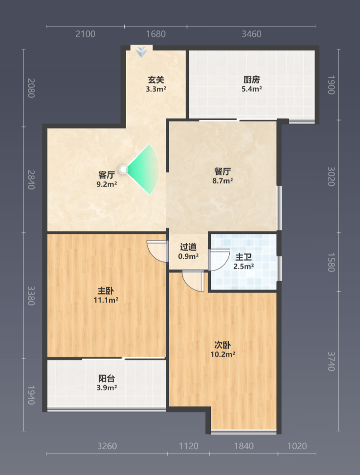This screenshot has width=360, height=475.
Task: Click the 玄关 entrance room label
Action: [x=156, y=80]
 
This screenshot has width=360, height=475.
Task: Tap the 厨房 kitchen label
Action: [x=251, y=80]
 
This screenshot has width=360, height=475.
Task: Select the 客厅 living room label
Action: [x=107, y=175]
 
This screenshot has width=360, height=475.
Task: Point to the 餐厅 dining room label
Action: [x=223, y=171]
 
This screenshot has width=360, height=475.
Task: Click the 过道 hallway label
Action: [x=188, y=247]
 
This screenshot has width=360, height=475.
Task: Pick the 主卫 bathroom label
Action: [x=244, y=257]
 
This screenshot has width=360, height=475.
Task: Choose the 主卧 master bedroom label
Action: [x=106, y=291]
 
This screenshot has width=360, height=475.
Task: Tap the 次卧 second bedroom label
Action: [x=223, y=345]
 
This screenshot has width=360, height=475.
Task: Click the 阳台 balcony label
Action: [x=107, y=379]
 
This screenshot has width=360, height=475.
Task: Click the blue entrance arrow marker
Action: [x=141, y=52]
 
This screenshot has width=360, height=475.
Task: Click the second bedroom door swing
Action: [x=194, y=282]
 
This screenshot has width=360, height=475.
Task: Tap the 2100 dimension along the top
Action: [x=86, y=34]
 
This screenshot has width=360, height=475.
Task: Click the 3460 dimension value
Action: [x=251, y=34]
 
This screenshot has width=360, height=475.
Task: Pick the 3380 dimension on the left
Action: [x=31, y=296]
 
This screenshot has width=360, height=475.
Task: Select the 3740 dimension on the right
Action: [x=331, y=361]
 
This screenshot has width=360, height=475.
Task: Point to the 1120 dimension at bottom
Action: [x=189, y=446]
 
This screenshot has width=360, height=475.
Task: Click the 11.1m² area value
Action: [x=106, y=300]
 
